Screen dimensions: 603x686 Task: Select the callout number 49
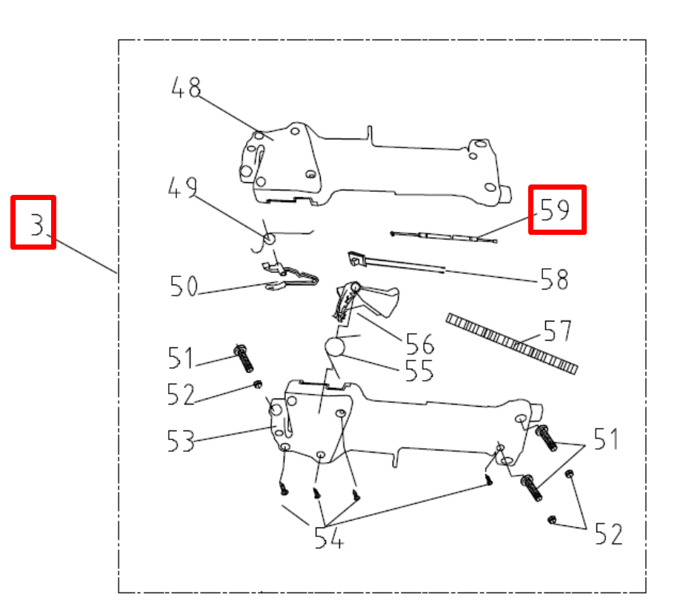pyautogui.click(x=182, y=187)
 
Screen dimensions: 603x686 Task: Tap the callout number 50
pyautogui.click(x=184, y=286)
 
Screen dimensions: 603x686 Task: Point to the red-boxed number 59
pyautogui.click(x=556, y=210)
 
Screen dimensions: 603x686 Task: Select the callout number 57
pyautogui.click(x=558, y=330)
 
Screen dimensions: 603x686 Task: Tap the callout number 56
pyautogui.click(x=419, y=343)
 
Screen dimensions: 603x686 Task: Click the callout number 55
pyautogui.click(x=419, y=371)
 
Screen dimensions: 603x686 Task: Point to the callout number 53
pyautogui.click(x=180, y=442)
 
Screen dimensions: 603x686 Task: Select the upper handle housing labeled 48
pyautogui.click(x=370, y=167)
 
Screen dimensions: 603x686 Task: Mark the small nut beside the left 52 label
pyautogui.click(x=257, y=384)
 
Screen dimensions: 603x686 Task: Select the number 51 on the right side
pyautogui.click(x=605, y=439)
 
